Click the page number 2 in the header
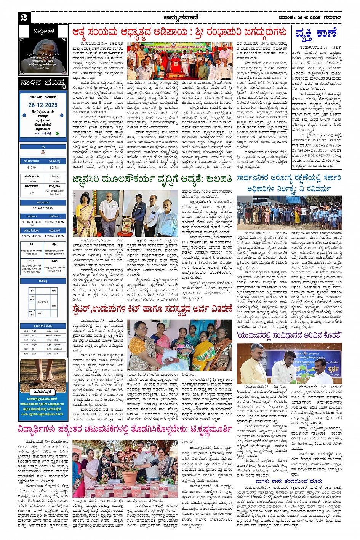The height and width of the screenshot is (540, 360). tap(24, 17)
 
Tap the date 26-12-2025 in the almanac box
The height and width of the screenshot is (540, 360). tap(43, 105)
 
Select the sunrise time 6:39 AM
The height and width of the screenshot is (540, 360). tap(32, 168)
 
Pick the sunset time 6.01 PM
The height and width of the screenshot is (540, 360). tap(54, 168)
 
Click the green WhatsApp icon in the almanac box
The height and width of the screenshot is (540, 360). tap(57, 134)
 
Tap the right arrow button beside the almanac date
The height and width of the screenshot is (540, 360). tap(62, 115)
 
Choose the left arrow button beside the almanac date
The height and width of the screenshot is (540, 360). tap(24, 115)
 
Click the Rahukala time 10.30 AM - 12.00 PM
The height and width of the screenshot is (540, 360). tap(32, 223)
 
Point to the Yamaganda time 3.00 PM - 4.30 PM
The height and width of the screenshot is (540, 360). tap(32, 236)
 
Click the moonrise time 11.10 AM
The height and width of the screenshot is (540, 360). tap(32, 181)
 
